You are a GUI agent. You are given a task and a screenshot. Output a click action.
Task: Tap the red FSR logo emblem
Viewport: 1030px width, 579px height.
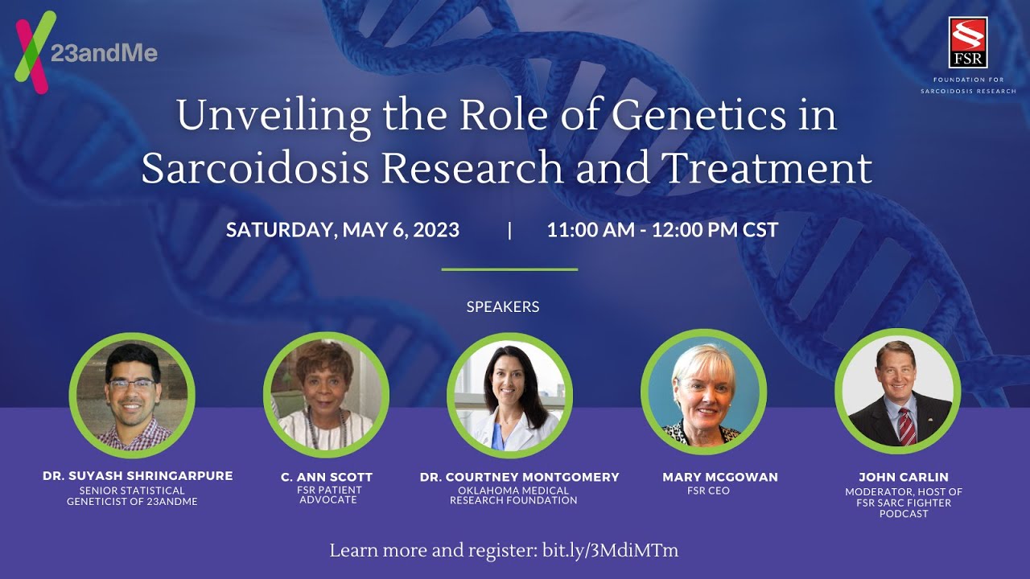pos(968,43)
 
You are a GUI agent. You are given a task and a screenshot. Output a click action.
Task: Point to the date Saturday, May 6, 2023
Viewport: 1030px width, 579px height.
pos(343,230)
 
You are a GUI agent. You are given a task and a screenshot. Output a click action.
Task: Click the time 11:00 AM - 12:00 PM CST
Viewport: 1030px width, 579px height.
pos(662,230)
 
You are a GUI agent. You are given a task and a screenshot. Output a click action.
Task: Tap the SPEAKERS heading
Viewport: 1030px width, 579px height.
pos(503,306)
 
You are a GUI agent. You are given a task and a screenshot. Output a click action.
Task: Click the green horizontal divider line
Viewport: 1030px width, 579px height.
pos(509,269)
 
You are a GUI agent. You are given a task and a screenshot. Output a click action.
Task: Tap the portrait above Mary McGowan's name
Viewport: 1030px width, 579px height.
pos(703,392)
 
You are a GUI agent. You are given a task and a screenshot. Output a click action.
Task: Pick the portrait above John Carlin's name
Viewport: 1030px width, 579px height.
pos(897,392)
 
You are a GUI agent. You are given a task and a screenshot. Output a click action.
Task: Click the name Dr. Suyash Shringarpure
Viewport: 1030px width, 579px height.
pos(138,476)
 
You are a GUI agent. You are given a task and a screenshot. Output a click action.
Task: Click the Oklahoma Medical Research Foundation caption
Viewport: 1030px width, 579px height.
pos(513,495)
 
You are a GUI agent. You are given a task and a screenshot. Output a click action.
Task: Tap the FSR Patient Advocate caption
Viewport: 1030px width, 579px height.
pos(328,495)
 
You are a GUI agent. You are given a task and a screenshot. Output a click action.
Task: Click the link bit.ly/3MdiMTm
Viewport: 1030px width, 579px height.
pos(610,551)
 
